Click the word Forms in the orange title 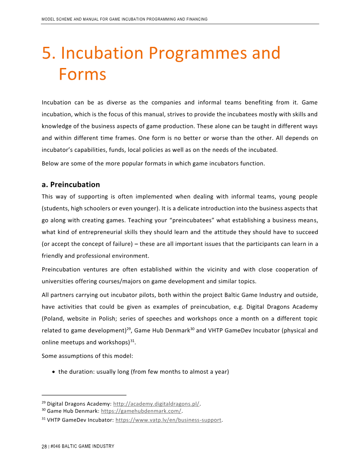[x=82, y=74]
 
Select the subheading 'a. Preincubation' [x=71, y=185]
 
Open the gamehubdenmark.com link [x=141, y=411]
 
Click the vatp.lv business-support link [x=169, y=420]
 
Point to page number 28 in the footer [x=44, y=447]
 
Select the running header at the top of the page [x=124, y=19]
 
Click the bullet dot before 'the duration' [x=54, y=372]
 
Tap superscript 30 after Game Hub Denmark [x=192, y=328]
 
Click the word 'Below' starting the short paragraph [x=50, y=163]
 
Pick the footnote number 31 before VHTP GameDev [x=44, y=419]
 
